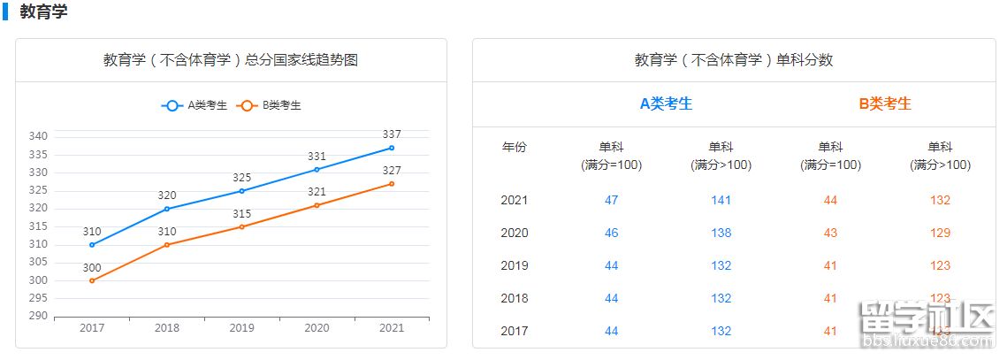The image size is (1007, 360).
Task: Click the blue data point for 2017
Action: [92, 245]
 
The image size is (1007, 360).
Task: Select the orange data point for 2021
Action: [392, 184]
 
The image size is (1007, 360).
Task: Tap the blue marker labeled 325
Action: [242, 191]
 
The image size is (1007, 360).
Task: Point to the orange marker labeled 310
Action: [167, 245]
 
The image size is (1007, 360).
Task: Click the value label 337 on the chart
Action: [392, 134]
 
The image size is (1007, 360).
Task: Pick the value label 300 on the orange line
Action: [92, 268]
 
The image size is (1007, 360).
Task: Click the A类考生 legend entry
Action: [195, 105]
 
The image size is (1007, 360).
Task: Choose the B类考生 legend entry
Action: [270, 105]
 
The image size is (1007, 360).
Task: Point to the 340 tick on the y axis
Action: [38, 136]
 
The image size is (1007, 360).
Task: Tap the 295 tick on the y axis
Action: [38, 298]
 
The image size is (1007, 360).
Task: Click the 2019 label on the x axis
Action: [242, 328]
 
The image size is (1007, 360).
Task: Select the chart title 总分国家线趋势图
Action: [231, 60]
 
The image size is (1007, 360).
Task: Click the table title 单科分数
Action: [734, 60]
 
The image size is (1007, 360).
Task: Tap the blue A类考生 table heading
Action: [666, 103]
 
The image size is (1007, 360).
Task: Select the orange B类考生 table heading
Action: [885, 103]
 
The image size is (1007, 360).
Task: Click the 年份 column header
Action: [514, 147]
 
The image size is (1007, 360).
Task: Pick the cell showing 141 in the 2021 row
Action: [721, 201]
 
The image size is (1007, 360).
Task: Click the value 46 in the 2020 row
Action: [611, 234]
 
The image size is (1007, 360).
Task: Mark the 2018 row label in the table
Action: [514, 299]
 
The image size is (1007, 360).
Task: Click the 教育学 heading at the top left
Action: [43, 12]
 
